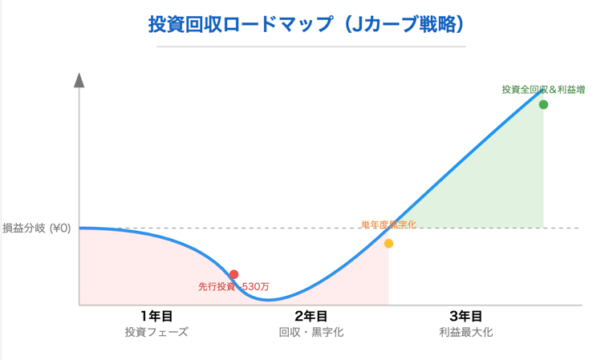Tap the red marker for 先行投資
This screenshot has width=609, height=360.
(233, 275)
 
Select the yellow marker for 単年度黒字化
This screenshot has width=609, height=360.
(388, 244)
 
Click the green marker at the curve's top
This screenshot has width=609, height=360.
(543, 105)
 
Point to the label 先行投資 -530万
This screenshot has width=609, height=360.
(233, 286)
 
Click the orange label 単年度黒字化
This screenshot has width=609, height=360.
(389, 224)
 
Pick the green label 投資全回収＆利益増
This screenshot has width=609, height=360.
(543, 90)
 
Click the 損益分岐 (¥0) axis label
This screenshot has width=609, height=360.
(37, 228)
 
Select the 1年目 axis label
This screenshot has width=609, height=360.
(156, 316)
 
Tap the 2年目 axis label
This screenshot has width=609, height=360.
(311, 316)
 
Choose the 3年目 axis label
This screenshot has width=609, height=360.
(465, 316)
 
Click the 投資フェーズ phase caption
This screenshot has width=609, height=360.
(156, 332)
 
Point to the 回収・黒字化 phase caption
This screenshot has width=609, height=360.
(311, 332)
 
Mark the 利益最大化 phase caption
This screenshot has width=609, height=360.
(465, 332)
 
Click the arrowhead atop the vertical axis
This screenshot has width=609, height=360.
(79, 79)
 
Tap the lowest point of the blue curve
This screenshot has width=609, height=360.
(269, 300)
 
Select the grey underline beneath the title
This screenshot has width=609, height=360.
(311, 47)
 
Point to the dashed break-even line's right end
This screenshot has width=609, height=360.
(578, 228)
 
